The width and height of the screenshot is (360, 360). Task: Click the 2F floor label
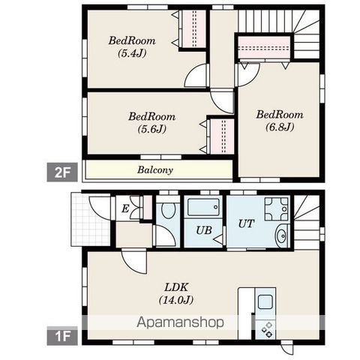pos(62,172)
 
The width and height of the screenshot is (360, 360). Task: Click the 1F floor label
pos(62,336)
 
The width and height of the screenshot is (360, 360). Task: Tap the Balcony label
pos(155,170)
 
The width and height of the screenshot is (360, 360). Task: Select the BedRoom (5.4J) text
pos(132,46)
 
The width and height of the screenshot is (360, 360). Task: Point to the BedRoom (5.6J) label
pos(151,123)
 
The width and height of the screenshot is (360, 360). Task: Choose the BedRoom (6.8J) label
pos(280,121)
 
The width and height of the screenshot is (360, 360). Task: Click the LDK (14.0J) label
pos(176,294)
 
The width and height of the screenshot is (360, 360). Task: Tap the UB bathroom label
pos(204,230)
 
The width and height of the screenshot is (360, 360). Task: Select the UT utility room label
pos(246,223)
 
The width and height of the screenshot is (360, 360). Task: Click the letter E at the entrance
pos(125,208)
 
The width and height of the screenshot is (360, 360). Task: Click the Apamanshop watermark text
pos(180,322)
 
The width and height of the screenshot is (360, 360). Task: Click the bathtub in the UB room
pos(203,207)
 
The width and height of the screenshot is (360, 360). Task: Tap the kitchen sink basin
pos(265,301)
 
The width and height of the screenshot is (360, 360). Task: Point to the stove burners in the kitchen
pos(266,329)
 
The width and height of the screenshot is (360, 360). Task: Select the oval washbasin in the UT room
pos(282,235)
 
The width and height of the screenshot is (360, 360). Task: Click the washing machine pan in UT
pos(277,209)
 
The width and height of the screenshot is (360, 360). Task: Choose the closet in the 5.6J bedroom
pos(222,136)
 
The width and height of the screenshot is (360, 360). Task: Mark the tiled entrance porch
pos(91,219)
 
